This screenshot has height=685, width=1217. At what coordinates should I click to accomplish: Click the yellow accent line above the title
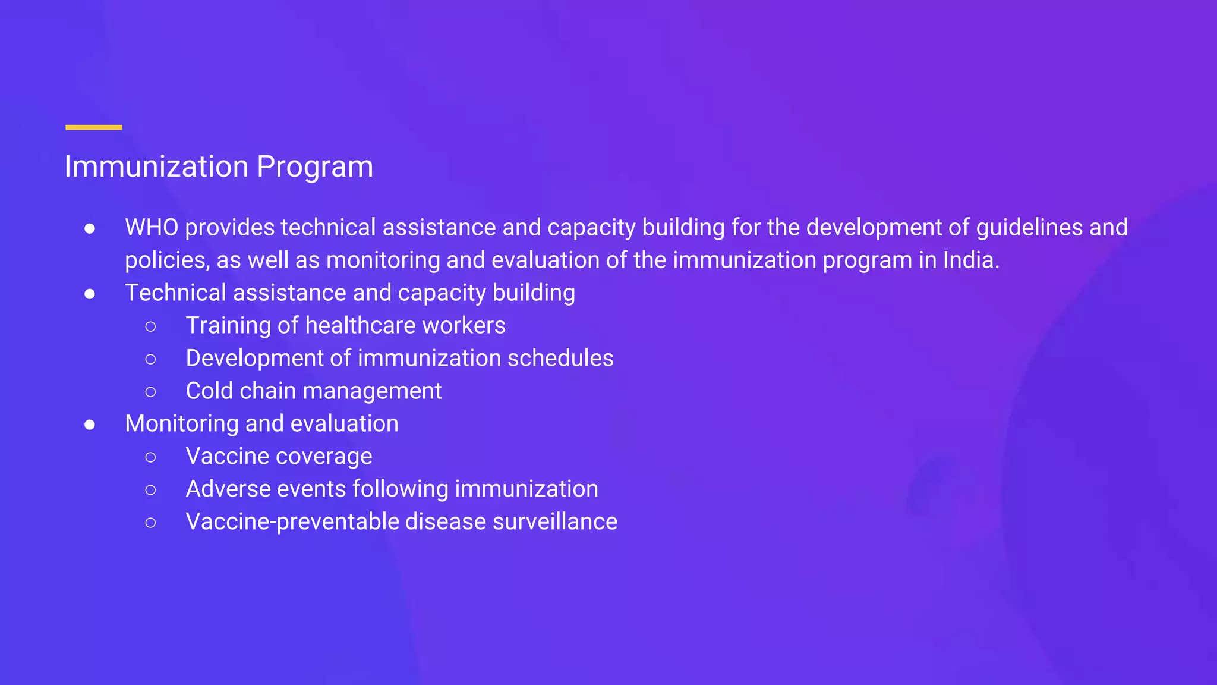[x=93, y=127]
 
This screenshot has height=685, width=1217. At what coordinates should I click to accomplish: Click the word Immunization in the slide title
[x=156, y=166]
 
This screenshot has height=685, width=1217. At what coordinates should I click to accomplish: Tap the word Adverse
[x=228, y=489]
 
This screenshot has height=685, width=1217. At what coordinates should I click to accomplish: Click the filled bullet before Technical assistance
[x=90, y=294]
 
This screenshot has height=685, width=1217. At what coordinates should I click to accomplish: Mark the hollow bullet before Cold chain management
[x=150, y=392]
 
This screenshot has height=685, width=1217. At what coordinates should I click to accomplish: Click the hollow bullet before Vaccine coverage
[x=150, y=457]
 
